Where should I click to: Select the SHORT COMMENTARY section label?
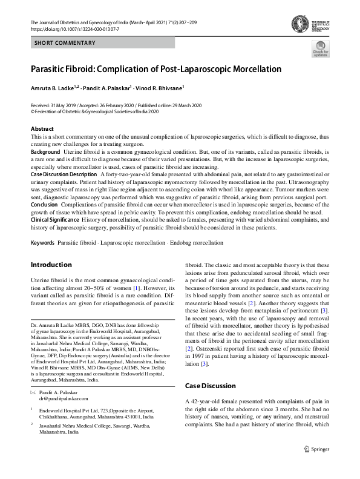65,43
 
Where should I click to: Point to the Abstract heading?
42,129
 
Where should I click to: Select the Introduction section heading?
51,265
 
